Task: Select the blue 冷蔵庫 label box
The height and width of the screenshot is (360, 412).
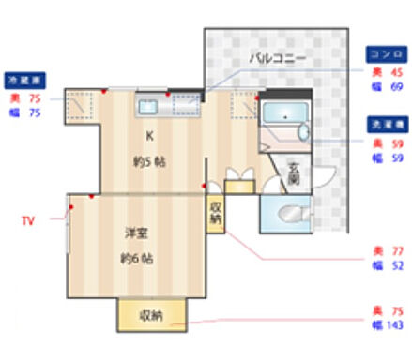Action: click(26, 80)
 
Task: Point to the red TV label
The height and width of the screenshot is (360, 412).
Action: click(28, 221)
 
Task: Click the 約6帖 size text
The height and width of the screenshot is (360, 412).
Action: click(137, 258)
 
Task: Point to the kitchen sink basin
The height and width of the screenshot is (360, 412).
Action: click(150, 104)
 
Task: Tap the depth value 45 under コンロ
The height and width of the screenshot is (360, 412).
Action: click(395, 72)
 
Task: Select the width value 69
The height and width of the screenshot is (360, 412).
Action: click(395, 87)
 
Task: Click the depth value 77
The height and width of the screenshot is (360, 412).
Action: click(395, 251)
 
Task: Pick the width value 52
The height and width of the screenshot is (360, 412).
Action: click(395, 266)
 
